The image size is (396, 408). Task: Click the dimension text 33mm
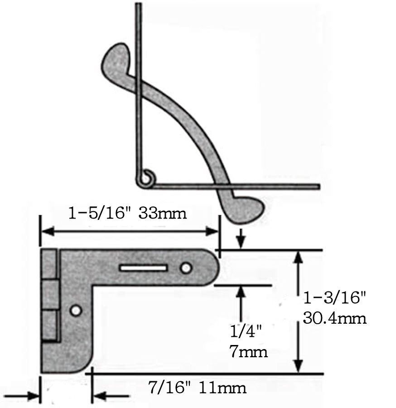coord(163,213)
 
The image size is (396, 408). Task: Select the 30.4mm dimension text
coord(335,318)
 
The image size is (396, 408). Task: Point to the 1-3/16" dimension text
coord(335,298)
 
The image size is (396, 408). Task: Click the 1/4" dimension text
coord(246,331)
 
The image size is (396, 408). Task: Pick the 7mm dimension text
coord(248,352)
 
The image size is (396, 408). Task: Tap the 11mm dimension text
coord(222,388)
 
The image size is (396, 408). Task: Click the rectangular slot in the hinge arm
coord(143,268)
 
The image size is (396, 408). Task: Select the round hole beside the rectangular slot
coord(186,268)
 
